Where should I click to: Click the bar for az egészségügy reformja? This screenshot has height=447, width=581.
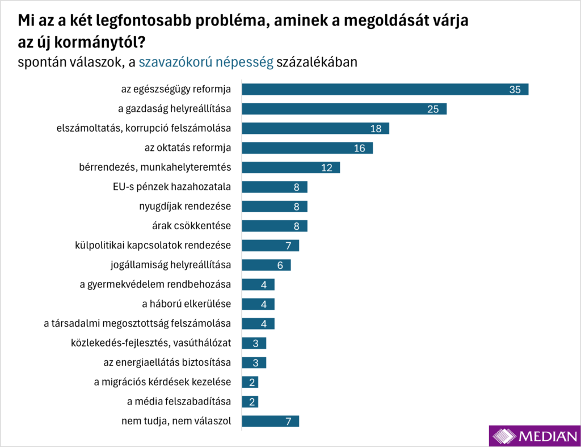click(385, 90)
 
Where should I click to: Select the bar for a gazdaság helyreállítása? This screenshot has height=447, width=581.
click(344, 109)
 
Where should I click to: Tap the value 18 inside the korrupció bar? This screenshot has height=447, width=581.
click(376, 129)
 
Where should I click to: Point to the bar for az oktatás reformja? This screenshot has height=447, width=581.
click(307, 148)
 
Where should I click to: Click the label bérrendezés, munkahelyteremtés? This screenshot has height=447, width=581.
click(155, 167)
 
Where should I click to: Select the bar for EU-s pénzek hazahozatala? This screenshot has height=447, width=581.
click(274, 187)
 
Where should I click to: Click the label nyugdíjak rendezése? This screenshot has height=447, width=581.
click(185, 206)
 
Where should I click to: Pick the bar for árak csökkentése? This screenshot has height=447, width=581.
click(274, 226)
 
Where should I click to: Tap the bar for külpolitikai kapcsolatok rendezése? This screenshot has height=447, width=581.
click(270, 246)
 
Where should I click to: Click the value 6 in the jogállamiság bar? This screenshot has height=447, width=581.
click(280, 265)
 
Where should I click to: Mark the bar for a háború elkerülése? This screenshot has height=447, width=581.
click(258, 304)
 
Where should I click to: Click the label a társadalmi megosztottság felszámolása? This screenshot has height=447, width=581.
click(137, 323)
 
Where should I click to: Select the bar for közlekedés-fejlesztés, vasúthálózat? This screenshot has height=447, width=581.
click(254, 343)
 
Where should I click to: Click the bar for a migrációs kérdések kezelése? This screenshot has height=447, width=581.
click(250, 382)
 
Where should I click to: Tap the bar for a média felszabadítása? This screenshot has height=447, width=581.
click(250, 402)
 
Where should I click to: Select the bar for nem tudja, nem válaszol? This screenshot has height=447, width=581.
click(270, 421)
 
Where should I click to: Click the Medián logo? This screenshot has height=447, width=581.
click(534, 436)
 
